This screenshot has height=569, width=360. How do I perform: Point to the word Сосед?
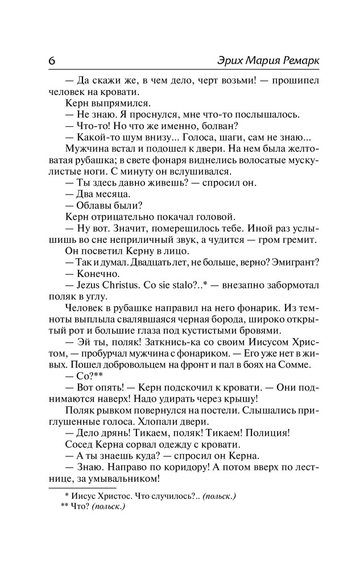[x=77, y=444]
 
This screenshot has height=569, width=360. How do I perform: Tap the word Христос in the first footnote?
[x=114, y=496]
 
